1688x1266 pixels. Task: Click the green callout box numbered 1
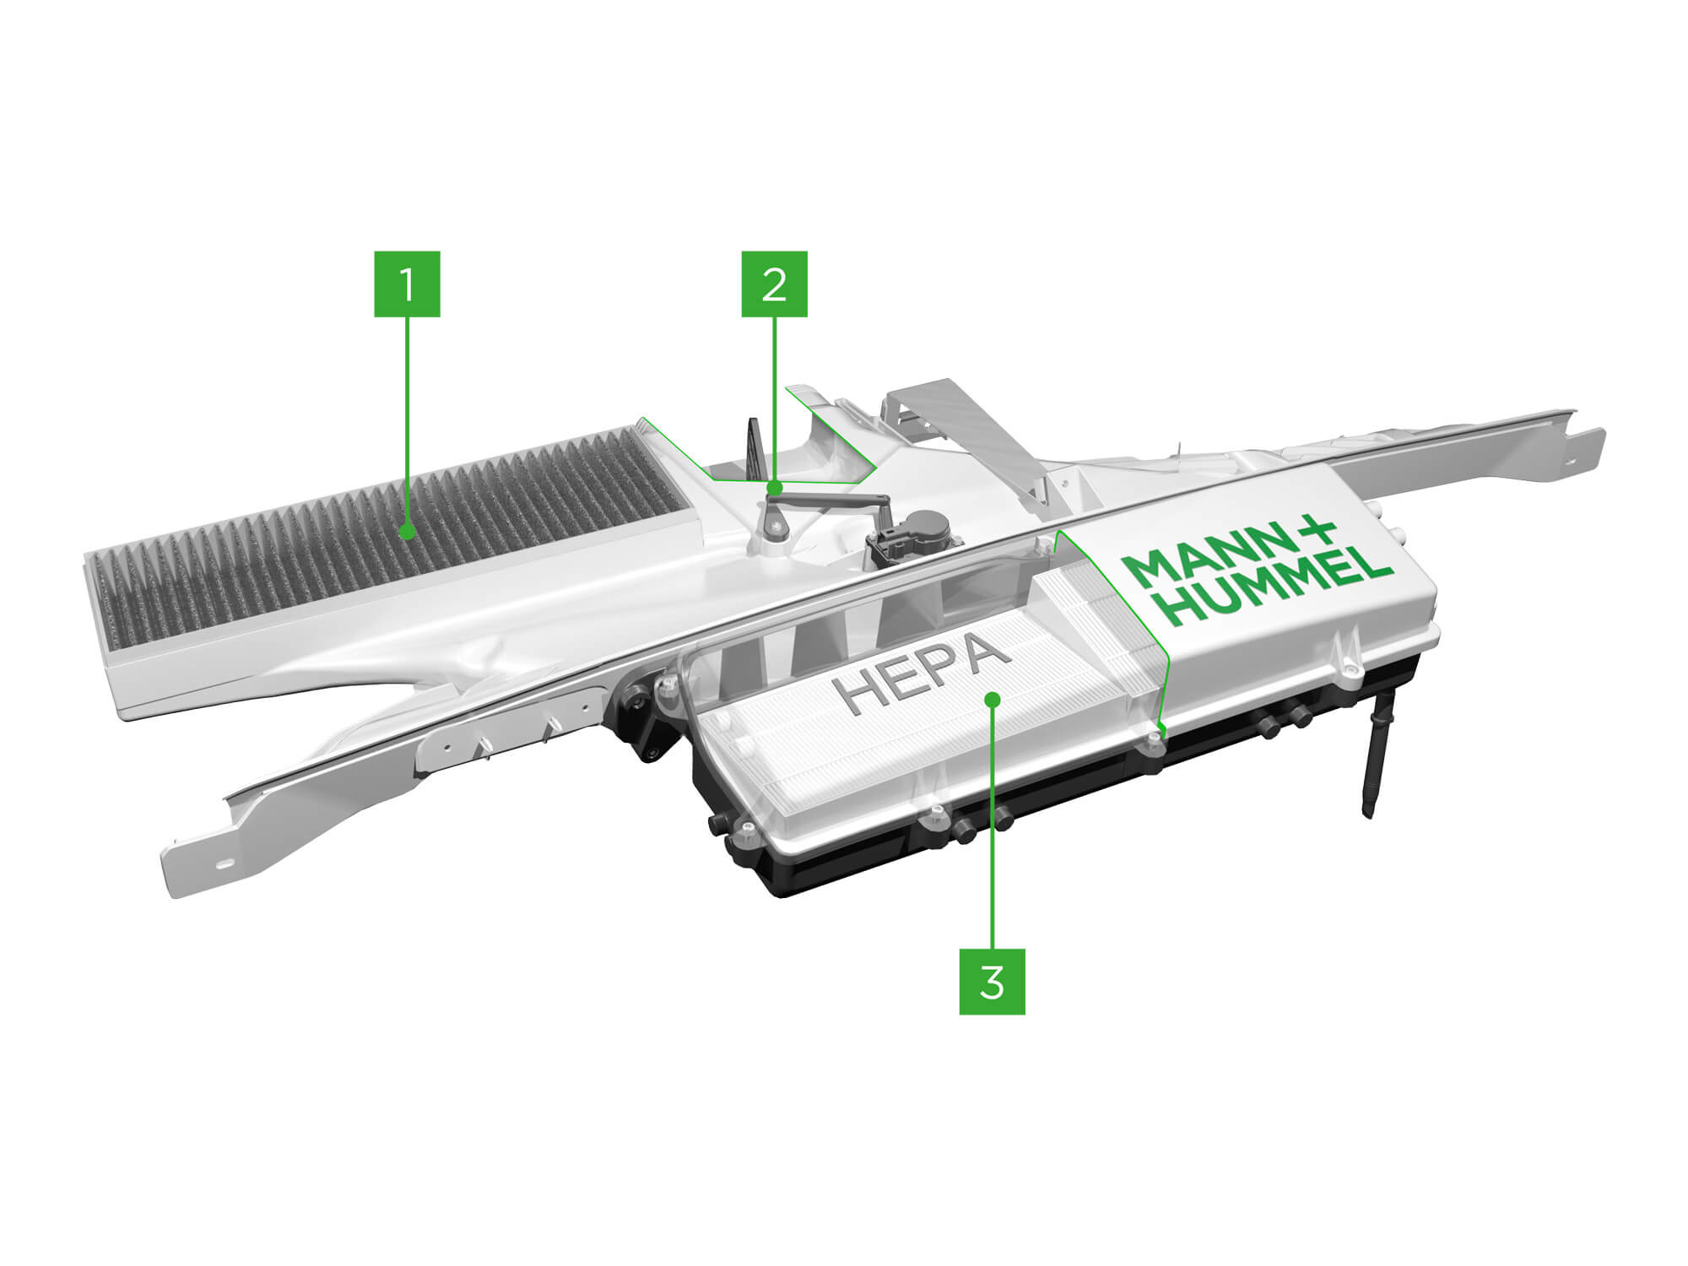[x=408, y=284]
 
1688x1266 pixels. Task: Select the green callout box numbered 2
[x=774, y=284]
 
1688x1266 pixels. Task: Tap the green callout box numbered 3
[x=992, y=982]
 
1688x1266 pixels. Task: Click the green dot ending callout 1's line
[x=408, y=532]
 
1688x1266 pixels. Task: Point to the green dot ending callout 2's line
[x=774, y=488]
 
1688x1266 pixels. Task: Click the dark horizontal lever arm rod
[x=830, y=501]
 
